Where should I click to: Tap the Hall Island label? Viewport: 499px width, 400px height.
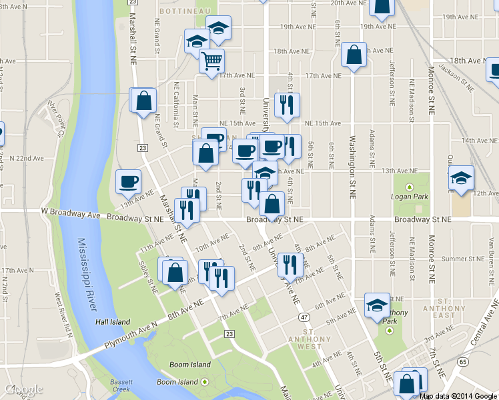112,322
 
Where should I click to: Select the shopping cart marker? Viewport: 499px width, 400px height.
211,61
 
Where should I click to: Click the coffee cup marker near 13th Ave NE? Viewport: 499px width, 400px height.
129,181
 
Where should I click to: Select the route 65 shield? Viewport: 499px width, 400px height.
462,361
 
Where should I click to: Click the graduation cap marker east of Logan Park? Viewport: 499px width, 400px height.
461,178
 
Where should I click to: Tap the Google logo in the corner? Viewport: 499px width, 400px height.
24,389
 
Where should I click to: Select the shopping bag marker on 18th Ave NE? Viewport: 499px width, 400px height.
354,55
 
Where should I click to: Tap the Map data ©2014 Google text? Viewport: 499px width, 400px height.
458,396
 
